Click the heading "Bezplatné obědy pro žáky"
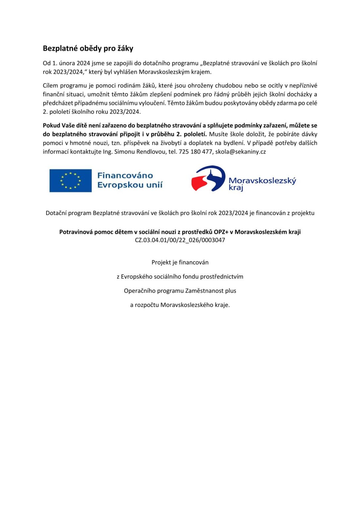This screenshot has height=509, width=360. [x=88, y=48]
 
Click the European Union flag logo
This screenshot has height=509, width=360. [x=71, y=181]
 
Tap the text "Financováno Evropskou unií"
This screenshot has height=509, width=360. [x=130, y=180]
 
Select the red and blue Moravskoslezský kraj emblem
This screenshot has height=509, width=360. [x=208, y=179]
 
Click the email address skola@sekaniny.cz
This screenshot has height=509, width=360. [x=240, y=152]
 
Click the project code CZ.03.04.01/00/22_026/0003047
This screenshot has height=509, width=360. [x=180, y=240]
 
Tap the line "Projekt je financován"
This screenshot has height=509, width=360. [x=180, y=262]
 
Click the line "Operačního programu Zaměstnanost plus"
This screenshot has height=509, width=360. [x=180, y=291]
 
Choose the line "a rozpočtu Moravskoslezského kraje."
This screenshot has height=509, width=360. [x=180, y=305]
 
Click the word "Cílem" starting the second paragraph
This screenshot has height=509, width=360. [x=50, y=85]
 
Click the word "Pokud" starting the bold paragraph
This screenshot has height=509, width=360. [x=51, y=126]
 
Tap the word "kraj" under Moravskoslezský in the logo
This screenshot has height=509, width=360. [x=236, y=188]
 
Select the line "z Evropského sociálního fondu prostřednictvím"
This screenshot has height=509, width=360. [x=180, y=277]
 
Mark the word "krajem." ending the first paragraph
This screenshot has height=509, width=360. [x=201, y=72]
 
